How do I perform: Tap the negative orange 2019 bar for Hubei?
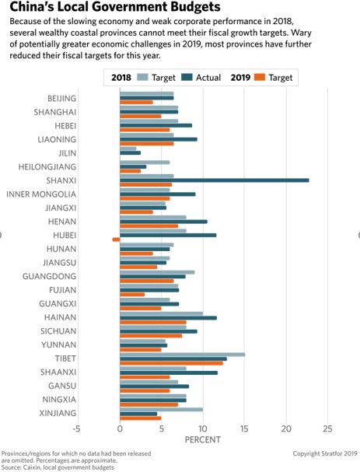coord(116,239)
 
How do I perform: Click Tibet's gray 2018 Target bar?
coord(182,355)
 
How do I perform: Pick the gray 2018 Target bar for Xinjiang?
coord(161,409)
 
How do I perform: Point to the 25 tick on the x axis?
coord(327,428)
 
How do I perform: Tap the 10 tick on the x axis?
coord(202,428)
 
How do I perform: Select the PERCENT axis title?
coord(203,440)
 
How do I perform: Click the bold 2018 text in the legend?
coord(121,78)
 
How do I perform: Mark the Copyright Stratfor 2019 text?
coord(324,453)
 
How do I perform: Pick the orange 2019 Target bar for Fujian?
coord(131,295)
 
